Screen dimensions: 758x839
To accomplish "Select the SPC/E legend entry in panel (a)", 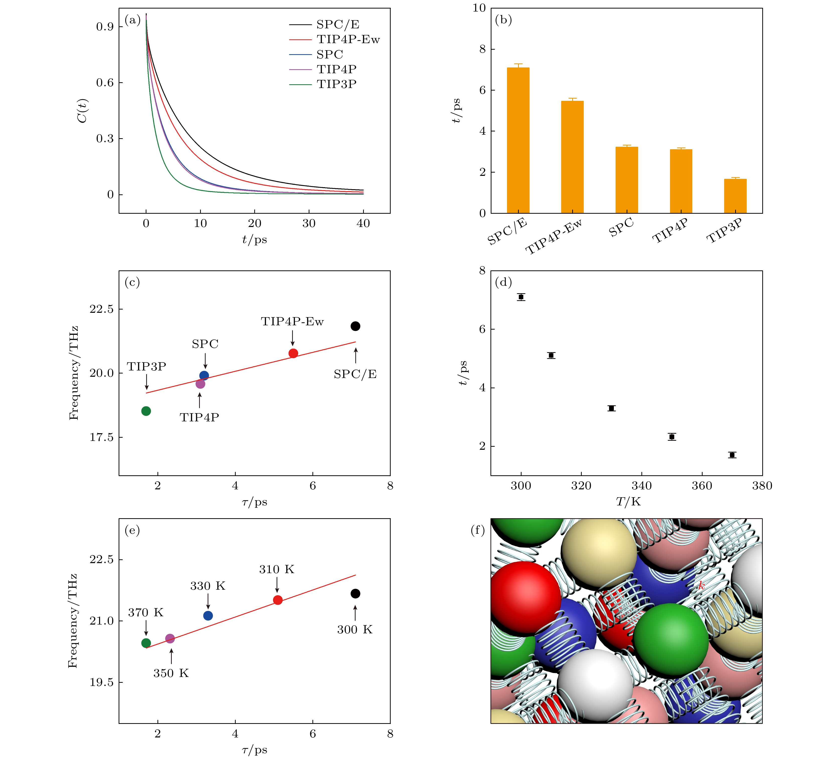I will tap(337, 25).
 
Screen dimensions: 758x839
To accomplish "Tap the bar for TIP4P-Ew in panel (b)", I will tap(572, 157).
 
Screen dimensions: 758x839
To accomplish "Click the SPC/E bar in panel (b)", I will tap(518, 140).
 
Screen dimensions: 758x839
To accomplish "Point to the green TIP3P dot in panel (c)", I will tap(146, 411).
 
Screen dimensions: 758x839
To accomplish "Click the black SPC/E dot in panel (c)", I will tap(355, 326).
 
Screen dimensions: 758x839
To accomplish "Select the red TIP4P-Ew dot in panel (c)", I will tap(293, 353).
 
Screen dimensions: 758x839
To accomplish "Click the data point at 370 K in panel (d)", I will tap(732, 454).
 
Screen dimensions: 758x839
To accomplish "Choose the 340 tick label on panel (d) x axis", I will tap(641, 486).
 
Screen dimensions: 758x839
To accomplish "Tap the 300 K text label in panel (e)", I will tap(355, 629).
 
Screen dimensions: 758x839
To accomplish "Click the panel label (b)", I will tap(503, 20).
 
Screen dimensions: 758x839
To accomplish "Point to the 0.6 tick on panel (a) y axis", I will tap(105, 83).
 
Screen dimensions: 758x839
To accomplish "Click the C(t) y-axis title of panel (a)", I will tap(82, 111).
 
